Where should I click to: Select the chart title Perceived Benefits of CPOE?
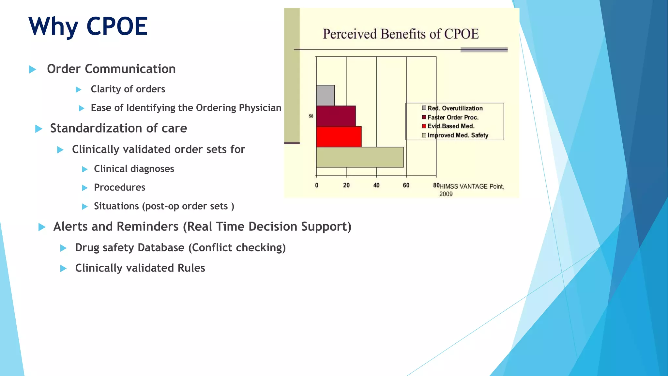(401, 34)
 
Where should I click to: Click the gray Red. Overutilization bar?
(325, 95)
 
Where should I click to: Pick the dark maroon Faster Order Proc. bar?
(336, 116)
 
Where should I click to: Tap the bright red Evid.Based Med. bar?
(339, 137)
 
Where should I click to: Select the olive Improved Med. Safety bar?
(359, 157)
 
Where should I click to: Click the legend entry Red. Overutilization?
(455, 108)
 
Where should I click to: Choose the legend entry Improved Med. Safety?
(457, 135)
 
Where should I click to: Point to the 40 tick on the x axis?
(376, 185)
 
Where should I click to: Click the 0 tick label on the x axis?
(316, 185)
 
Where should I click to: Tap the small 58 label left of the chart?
(311, 116)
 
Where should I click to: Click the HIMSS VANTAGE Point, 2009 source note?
(471, 190)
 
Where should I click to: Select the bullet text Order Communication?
(111, 69)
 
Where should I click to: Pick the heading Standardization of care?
(118, 128)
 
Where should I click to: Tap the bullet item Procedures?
(119, 187)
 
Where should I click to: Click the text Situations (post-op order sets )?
(164, 206)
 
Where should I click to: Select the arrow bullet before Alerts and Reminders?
(42, 227)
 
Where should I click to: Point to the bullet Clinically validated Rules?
(140, 268)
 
